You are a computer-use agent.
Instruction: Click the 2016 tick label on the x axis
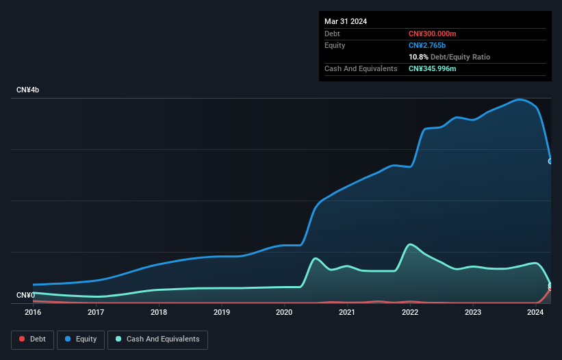coord(33,312)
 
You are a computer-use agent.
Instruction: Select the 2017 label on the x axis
coord(96,312)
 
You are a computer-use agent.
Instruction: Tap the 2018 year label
coord(159,312)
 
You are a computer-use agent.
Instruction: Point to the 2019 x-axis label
coord(221,312)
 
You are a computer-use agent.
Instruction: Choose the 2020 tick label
coord(284,312)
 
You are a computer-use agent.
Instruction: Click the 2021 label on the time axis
coord(347,312)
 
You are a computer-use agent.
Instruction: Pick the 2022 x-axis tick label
coord(410,312)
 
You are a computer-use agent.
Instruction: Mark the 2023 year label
coord(472,312)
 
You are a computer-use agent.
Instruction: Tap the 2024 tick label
coord(535,312)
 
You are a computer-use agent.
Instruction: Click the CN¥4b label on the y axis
coord(28,90)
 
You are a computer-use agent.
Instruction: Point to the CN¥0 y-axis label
coord(25,295)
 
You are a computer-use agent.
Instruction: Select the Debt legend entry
coord(32,339)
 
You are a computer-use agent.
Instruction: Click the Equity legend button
coord(81,339)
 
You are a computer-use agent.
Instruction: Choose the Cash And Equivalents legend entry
coord(157,339)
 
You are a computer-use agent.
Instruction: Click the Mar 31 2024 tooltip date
coord(346,21)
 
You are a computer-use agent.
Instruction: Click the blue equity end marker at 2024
coord(550,162)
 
